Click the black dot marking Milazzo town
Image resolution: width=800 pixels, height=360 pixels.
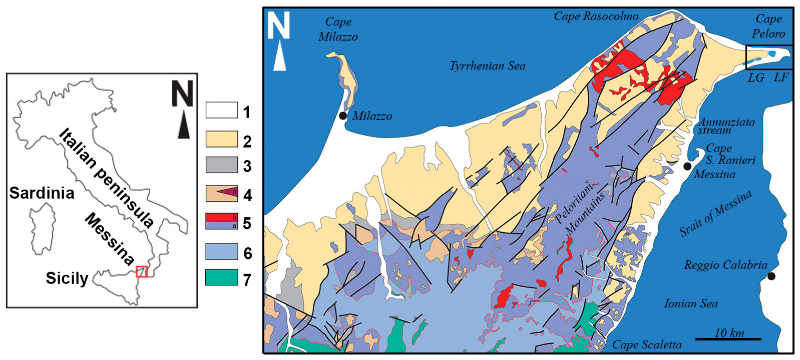click(343, 116)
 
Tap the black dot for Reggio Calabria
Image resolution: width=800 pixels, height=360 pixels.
click(771, 276)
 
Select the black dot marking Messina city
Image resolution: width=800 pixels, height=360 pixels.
click(688, 166)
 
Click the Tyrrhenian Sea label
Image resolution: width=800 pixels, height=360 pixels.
click(487, 66)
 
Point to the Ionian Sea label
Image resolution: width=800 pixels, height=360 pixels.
click(690, 303)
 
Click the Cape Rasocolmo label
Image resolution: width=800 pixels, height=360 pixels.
click(596, 17)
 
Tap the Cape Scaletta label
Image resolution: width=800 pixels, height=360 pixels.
click(647, 344)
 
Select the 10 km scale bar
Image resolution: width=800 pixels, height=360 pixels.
click(728, 339)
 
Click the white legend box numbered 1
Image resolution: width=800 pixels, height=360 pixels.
click(221, 110)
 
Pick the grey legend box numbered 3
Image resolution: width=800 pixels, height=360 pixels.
click(221, 165)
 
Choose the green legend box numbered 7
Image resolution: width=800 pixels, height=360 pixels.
click(221, 277)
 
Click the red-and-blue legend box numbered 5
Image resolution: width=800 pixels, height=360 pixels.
click(221, 221)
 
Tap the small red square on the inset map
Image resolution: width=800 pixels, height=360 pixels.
click(142, 272)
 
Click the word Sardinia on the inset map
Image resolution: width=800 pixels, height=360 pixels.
click(42, 193)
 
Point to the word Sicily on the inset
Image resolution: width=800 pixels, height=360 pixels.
click(67, 278)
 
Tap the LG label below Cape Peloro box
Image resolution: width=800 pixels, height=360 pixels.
click(756, 78)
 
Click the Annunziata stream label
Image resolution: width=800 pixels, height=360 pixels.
click(726, 126)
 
